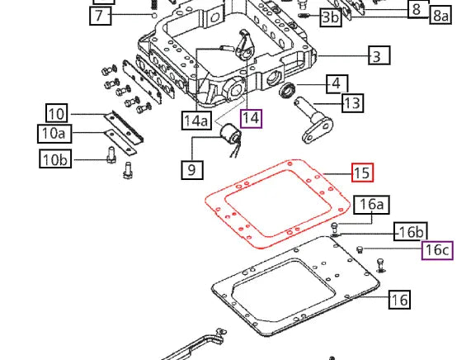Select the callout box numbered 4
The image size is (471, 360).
pyautogui.click(x=336, y=83)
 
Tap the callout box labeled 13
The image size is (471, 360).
pyautogui.click(x=352, y=103)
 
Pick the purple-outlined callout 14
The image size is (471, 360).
pyautogui.click(x=251, y=119)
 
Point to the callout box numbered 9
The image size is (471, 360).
pyautogui.click(x=191, y=171)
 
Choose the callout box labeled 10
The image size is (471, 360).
pyautogui.click(x=56, y=113)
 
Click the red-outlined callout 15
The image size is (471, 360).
pyautogui.click(x=361, y=173)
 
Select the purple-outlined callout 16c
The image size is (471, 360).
pyautogui.click(x=437, y=249)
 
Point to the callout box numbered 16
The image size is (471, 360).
pyautogui.click(x=398, y=300)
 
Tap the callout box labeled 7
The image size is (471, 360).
pyautogui.click(x=99, y=16)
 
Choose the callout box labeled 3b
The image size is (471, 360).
pyautogui.click(x=330, y=17)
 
